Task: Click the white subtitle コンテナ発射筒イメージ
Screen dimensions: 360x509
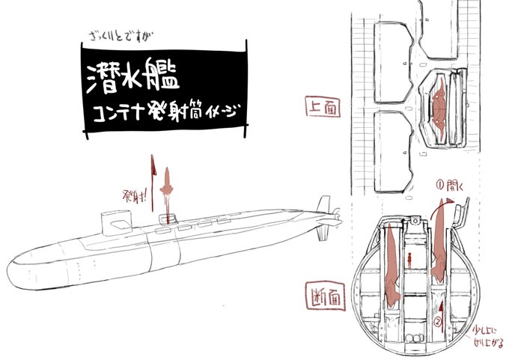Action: (162, 115)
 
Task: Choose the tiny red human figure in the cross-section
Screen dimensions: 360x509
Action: (410, 261)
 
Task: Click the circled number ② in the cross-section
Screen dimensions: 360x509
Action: (437, 323)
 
